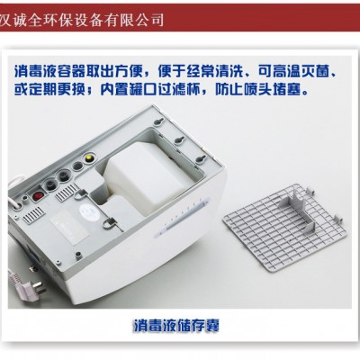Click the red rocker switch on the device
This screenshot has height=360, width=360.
point(37,196)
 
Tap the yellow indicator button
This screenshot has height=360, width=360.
point(89,157)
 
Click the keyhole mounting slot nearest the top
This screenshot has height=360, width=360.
point(158,121)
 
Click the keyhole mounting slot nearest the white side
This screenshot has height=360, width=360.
point(202,158)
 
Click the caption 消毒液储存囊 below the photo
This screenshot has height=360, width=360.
point(176,325)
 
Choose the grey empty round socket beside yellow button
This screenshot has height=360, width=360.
point(77,165)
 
